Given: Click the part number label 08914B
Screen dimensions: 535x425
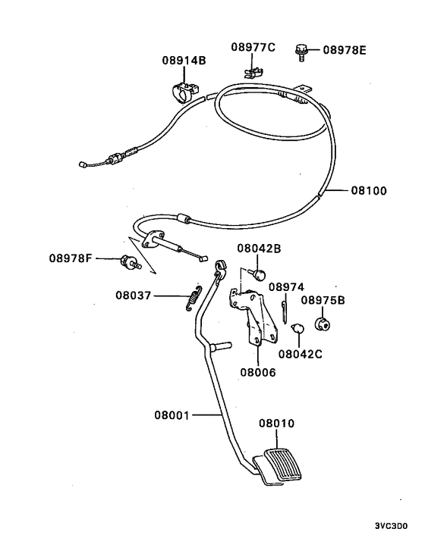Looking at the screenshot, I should (x=183, y=61).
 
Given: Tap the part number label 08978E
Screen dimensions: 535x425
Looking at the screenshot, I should (x=344, y=51).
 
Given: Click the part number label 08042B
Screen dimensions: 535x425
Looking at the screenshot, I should (x=258, y=248).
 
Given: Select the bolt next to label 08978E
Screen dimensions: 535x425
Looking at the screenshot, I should (x=301, y=52).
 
